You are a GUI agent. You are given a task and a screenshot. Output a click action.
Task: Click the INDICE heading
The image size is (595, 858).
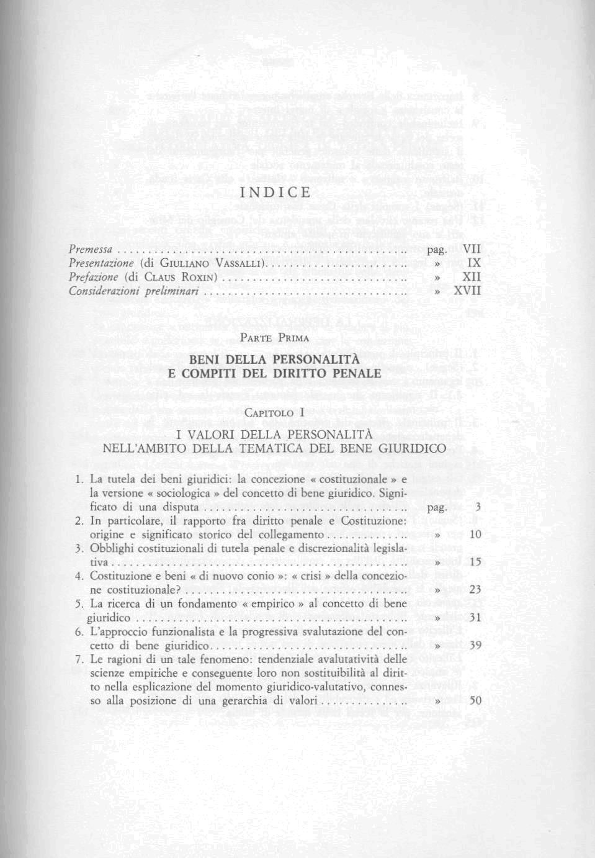tap(275, 192)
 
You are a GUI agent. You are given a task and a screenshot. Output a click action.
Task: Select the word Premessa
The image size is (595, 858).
tap(91, 250)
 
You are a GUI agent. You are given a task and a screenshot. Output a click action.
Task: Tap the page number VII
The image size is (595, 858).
tap(472, 250)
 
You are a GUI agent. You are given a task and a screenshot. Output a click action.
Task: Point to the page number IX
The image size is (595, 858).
tap(475, 263)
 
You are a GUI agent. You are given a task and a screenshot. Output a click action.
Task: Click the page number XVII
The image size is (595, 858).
tap(468, 290)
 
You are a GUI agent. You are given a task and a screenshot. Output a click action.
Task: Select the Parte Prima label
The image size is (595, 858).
tap(274, 338)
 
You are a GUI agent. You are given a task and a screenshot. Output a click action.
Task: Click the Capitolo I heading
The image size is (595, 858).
tap(274, 413)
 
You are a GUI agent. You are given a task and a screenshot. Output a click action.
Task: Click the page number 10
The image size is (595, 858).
tap(476, 535)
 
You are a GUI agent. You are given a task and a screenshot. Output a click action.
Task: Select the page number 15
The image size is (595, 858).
tap(476, 562)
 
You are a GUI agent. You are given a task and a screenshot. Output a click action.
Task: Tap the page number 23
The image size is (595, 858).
tap(476, 589)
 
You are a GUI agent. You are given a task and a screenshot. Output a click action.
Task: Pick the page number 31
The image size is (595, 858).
tap(476, 618)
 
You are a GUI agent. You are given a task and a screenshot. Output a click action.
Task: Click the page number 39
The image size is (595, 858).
tap(476, 645)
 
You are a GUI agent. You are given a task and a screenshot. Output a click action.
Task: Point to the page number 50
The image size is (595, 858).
tap(476, 700)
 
